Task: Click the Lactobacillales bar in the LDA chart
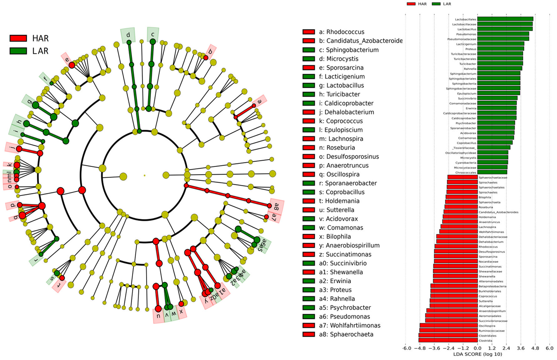[505, 19]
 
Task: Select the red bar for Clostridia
[448, 340]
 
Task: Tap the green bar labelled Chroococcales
[492, 172]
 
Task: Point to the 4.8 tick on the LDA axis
[535, 348]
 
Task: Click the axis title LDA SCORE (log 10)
[477, 354]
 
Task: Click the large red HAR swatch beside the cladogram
[18, 38]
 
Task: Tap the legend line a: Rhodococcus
[341, 32]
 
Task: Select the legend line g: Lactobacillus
[341, 85]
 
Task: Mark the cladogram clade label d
[128, 35]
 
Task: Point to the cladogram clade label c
[153, 34]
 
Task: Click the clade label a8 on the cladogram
[276, 206]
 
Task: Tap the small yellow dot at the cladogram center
[145, 175]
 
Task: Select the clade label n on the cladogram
[158, 316]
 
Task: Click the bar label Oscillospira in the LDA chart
[487, 326]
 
